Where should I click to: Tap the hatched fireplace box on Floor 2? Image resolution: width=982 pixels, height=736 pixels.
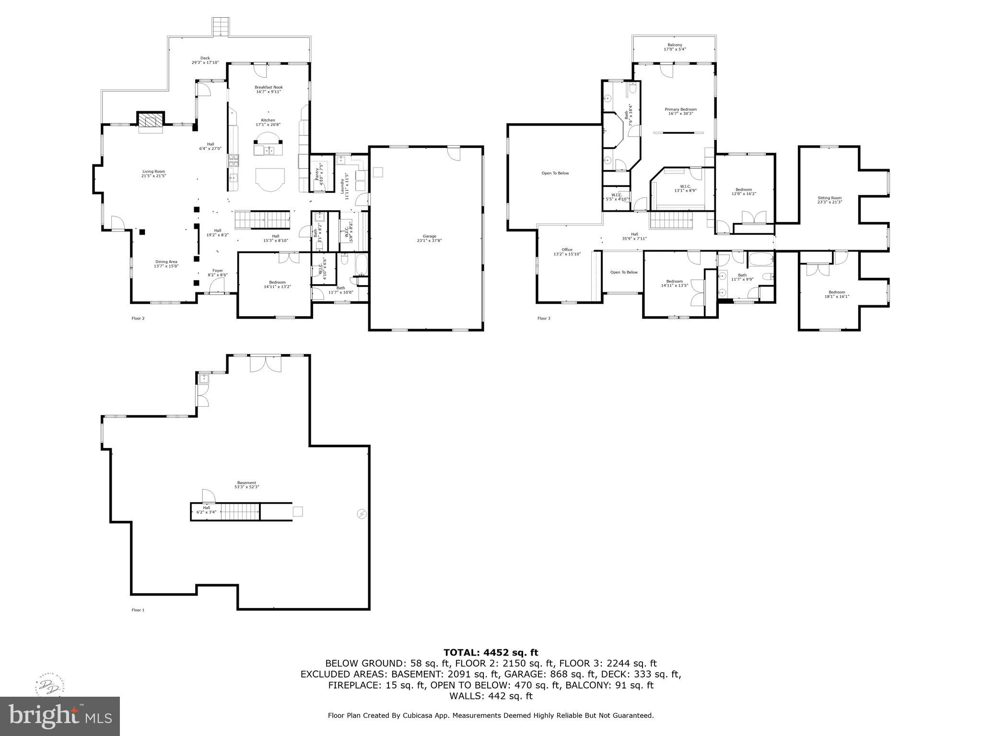point(151,120)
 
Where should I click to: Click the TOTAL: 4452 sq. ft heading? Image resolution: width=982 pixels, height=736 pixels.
point(491,652)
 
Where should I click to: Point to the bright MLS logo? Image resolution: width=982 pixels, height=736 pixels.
point(60,716)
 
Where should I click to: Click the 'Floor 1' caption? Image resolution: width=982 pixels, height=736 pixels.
point(138,610)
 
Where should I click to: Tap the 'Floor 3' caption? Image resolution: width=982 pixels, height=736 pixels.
point(544,318)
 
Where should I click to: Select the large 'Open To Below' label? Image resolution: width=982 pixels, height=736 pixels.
point(555,173)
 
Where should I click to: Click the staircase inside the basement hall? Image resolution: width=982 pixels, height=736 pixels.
point(240,512)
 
